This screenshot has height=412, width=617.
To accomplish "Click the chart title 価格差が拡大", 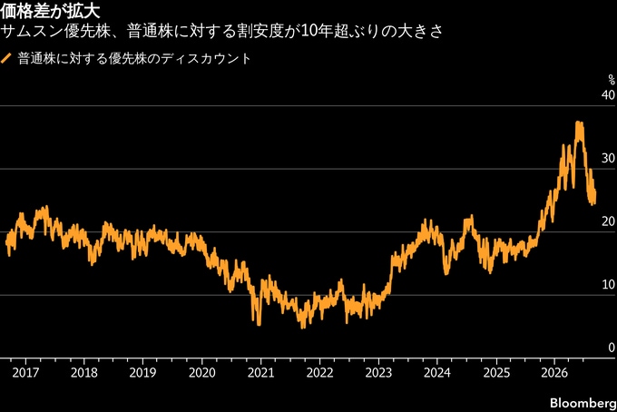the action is (x=50, y=11).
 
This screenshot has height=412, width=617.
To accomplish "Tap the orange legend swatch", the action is (x=6, y=59).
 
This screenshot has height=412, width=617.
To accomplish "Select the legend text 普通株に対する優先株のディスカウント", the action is (x=134, y=59).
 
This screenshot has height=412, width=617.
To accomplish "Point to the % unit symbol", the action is (x=611, y=80).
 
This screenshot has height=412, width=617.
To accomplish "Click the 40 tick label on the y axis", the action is (x=608, y=95).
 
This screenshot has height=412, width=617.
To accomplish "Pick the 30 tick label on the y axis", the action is (x=608, y=158).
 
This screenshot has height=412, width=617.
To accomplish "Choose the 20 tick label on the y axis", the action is (x=608, y=221).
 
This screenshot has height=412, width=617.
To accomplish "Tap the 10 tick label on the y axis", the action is (x=609, y=284).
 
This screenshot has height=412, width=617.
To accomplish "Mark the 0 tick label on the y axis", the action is (x=612, y=348).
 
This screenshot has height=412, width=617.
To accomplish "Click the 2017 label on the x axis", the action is (x=25, y=372).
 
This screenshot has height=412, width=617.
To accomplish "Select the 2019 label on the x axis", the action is (x=142, y=372).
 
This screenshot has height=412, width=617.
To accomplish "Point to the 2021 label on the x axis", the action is (x=260, y=372).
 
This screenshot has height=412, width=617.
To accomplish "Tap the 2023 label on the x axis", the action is (x=378, y=372).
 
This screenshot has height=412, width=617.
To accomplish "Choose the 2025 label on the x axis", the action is (x=496, y=372).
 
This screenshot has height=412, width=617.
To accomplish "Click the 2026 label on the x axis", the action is (x=554, y=372).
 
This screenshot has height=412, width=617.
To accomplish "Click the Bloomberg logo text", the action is (x=583, y=403).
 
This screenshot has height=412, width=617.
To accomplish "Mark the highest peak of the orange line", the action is (x=578, y=123).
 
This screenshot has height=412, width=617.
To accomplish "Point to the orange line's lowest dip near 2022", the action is (x=302, y=328).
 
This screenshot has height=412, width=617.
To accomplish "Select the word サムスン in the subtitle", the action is (x=32, y=32).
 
